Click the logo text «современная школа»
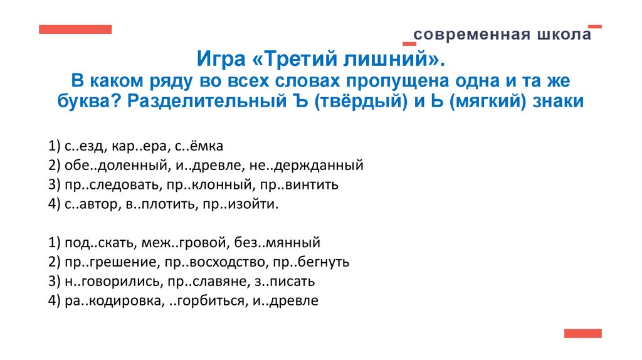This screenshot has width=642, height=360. tap(502, 34)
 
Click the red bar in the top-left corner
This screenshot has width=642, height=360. tap(75, 29)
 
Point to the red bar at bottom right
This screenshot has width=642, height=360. tap(582, 333)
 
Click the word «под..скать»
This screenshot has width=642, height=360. tap(95, 242)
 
